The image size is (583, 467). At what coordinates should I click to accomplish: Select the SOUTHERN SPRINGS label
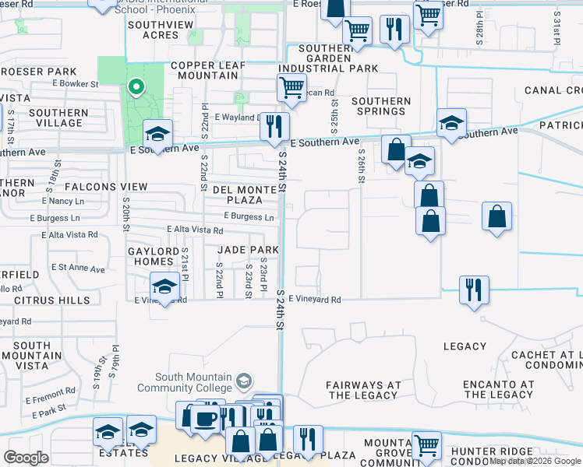point(380,106)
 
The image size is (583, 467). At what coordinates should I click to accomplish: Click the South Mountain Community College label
point(193,382)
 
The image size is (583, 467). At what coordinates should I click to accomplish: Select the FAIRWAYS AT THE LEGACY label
point(363,390)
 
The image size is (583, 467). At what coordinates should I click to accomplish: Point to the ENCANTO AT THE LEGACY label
point(498,390)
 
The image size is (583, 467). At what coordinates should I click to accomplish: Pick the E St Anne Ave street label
point(78,269)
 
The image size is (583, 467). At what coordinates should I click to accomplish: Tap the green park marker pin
point(136,87)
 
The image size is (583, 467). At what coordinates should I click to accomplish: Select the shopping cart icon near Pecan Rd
point(291,89)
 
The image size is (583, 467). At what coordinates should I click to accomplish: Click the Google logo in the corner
point(26,458)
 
